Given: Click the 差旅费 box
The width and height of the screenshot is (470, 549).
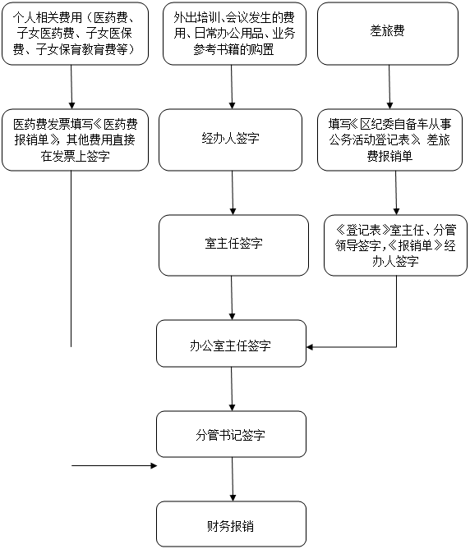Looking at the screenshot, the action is (x=388, y=34).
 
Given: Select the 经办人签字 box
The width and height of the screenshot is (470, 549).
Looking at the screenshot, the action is (x=230, y=140).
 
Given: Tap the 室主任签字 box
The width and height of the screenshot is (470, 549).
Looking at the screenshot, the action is (x=233, y=245).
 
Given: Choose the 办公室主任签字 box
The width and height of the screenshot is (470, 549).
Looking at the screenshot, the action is (x=231, y=344).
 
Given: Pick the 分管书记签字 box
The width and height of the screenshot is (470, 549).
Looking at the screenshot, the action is (x=231, y=434).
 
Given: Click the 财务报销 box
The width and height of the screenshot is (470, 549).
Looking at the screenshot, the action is (x=231, y=524).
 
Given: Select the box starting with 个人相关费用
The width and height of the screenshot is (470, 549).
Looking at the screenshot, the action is (x=75, y=34).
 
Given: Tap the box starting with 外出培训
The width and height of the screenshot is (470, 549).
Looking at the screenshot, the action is (x=234, y=34).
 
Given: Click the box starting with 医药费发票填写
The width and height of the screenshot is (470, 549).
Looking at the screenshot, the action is (x=75, y=140).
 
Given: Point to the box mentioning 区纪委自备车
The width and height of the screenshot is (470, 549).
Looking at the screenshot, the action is (x=389, y=140).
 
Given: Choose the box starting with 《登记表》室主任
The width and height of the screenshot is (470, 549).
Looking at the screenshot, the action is (x=395, y=245).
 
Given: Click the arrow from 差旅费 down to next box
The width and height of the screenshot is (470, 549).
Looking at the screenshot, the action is (x=389, y=87).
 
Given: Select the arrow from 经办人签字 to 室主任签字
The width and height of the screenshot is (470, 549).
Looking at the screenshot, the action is (x=233, y=193).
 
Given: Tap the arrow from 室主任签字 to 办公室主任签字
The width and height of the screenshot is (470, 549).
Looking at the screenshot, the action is (x=232, y=298).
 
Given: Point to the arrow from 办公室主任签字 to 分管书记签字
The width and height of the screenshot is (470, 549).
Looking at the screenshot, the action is (x=232, y=389).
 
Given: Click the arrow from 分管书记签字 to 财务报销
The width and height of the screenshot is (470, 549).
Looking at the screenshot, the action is (x=233, y=479).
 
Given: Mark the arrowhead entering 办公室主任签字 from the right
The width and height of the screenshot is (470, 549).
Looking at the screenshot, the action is (x=310, y=347).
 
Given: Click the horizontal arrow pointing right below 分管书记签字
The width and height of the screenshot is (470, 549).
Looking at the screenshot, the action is (x=114, y=465).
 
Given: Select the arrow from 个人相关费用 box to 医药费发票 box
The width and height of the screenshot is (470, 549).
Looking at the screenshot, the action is (x=71, y=87).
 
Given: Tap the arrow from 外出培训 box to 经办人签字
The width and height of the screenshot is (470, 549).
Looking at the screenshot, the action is (x=232, y=87).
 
